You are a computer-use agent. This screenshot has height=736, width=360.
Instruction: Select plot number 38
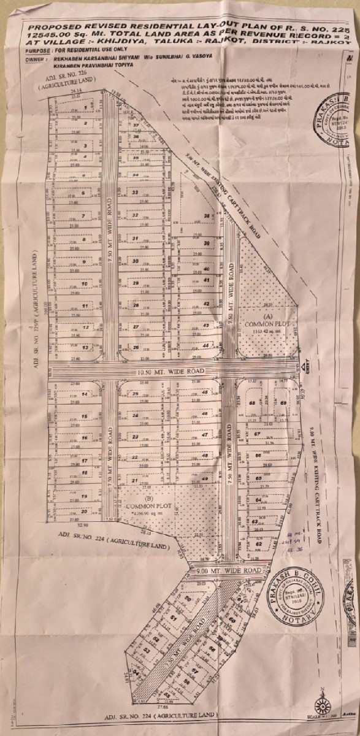[x=207, y=217]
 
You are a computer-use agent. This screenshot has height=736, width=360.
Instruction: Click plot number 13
[x=85, y=348]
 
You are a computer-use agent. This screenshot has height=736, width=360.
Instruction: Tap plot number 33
[x=135, y=192]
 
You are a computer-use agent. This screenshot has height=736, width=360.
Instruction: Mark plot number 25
[x=135, y=394]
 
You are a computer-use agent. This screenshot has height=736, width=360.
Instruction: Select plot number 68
[x=252, y=403]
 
